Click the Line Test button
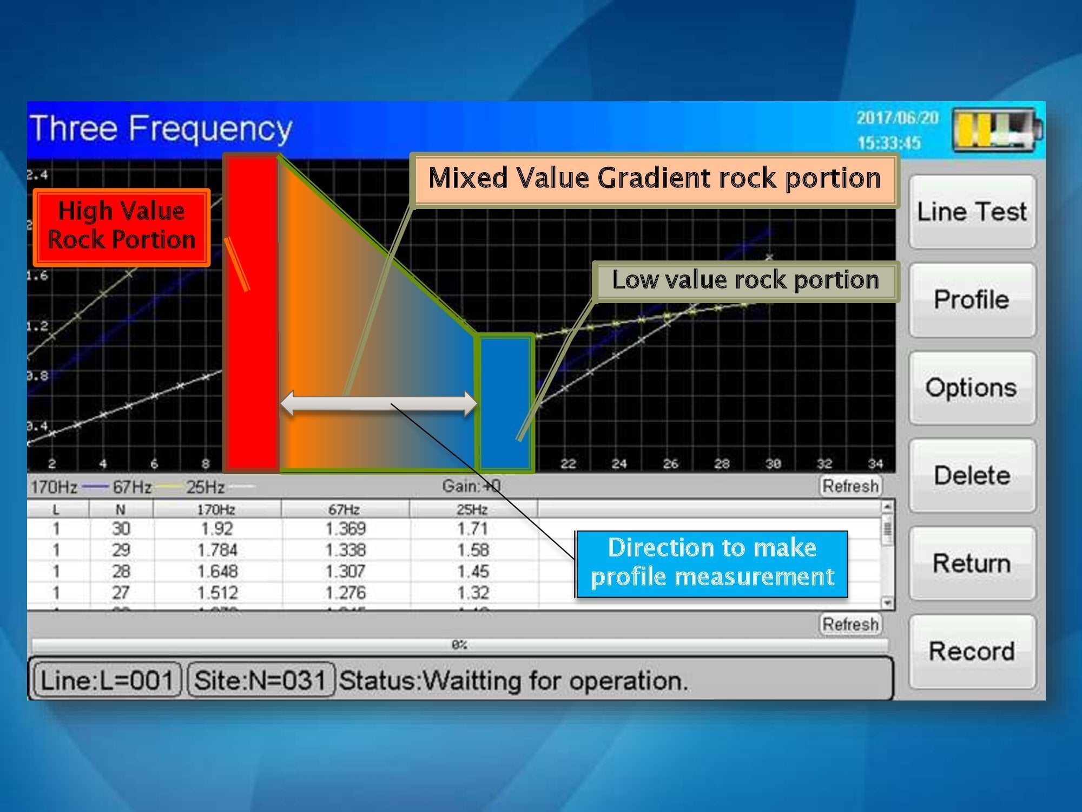(x=972, y=212)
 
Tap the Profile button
(x=972, y=300)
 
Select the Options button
(x=972, y=388)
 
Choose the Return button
(x=972, y=564)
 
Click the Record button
(x=972, y=651)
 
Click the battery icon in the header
(x=997, y=130)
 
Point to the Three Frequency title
(x=161, y=129)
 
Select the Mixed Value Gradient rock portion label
(x=654, y=179)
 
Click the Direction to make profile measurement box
(x=712, y=563)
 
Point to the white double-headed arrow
(x=378, y=403)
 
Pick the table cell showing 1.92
(x=216, y=528)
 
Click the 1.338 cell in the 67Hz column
(x=345, y=550)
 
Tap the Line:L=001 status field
(x=107, y=680)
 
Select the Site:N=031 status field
(x=260, y=680)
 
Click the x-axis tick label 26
(x=670, y=463)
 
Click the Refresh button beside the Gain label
(x=850, y=486)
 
